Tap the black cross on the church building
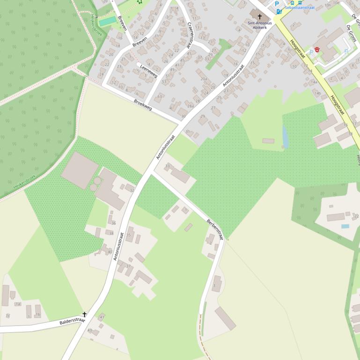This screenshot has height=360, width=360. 259,16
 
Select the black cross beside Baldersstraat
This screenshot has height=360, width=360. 85,314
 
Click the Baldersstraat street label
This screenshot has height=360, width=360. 72,322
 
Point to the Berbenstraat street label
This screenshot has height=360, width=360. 215,229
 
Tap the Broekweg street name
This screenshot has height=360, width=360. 143,104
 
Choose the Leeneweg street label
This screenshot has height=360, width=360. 149,71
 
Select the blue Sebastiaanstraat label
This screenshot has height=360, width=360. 300,7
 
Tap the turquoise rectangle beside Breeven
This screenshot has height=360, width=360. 108,22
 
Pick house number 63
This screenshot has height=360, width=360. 160,96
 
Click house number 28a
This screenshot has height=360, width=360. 191,106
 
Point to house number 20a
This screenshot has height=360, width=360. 204,79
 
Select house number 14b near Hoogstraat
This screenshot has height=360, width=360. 318,93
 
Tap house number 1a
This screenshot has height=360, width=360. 18,304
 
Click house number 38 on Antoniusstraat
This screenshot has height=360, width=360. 111,232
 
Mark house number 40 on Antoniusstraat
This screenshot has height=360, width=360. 110,252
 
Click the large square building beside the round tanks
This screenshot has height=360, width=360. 80,170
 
